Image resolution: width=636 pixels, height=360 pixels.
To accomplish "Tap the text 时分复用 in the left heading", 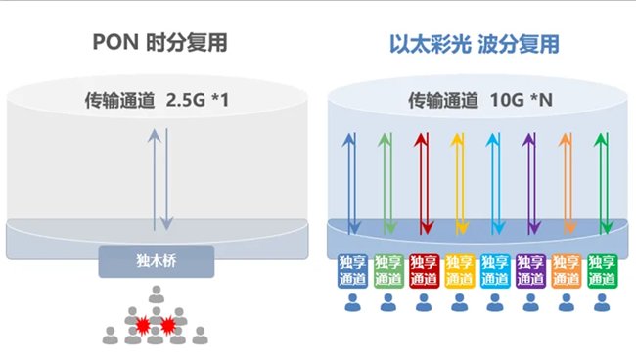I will pyautogui.click(x=176, y=45).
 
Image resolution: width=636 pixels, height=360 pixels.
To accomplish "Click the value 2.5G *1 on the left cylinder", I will pyautogui.click(x=195, y=100).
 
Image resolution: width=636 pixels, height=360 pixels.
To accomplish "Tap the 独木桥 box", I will pyautogui.click(x=157, y=261).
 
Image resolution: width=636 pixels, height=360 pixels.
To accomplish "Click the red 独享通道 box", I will pyautogui.click(x=424, y=269).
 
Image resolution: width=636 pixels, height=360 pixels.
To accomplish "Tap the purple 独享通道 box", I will pyautogui.click(x=530, y=269).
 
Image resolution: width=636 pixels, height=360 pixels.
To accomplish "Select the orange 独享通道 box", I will pyautogui.click(x=566, y=269).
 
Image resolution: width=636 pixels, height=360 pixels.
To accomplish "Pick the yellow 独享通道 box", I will pyautogui.click(x=459, y=269).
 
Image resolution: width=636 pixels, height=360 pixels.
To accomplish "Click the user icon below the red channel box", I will pyautogui.click(x=424, y=303).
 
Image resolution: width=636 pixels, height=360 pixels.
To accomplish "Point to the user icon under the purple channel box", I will pyautogui.click(x=530, y=303).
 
